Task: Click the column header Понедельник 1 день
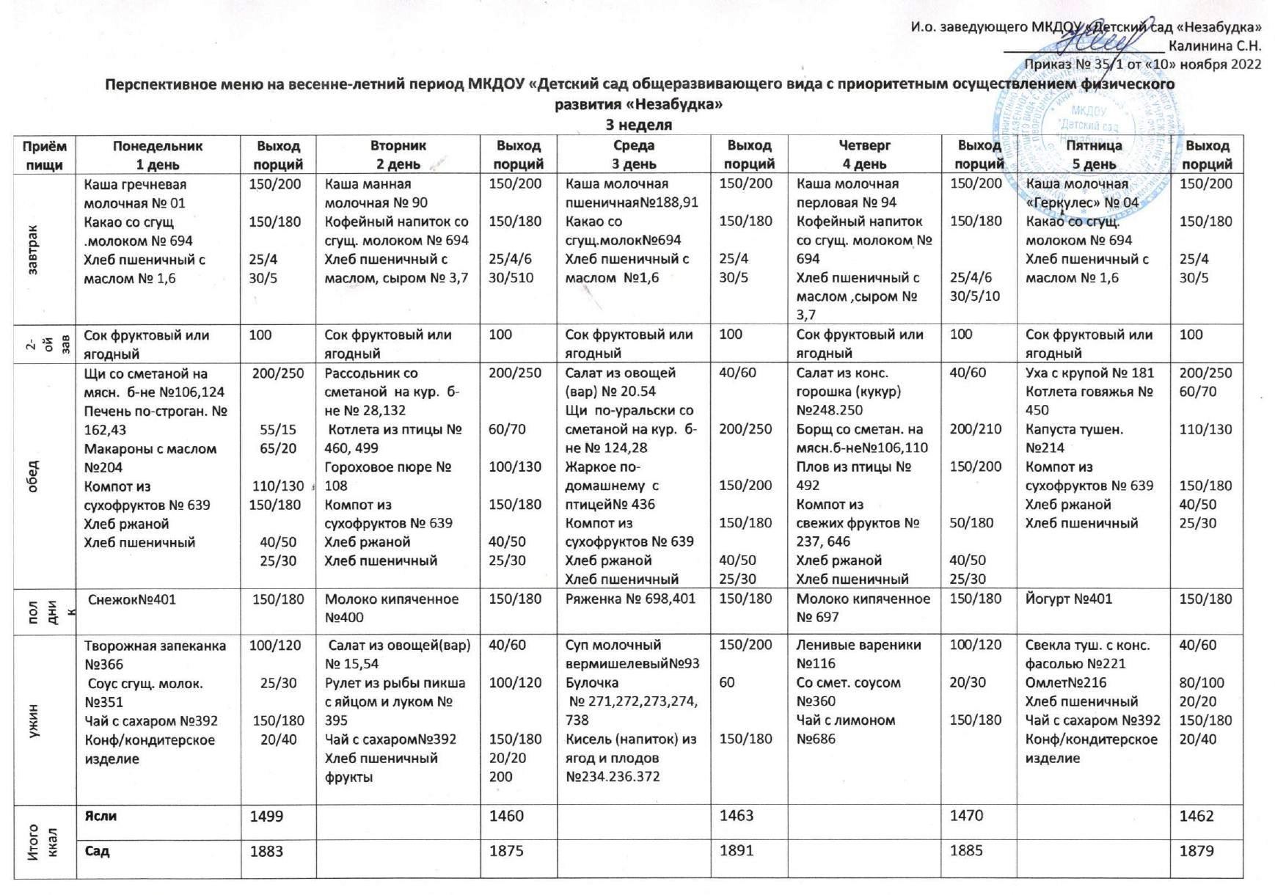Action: coord(158,155)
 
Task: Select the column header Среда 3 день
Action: coord(634,155)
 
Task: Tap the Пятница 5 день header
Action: coord(1093,155)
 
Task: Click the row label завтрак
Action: coord(33,249)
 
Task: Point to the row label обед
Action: coord(33,477)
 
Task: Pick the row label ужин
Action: coord(33,720)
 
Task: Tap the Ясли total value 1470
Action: coord(967,815)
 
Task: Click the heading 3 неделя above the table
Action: coord(638,125)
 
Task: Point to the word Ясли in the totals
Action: coord(101,816)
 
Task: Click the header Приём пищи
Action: coord(45,155)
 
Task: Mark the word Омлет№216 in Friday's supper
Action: coord(1062,683)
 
